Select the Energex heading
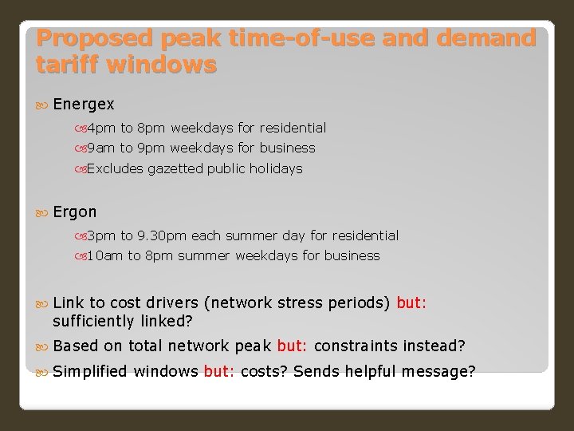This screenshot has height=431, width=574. [x=84, y=105]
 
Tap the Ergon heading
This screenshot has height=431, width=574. [x=75, y=212]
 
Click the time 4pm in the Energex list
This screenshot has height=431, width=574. [x=101, y=128]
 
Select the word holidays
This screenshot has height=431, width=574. [x=276, y=168]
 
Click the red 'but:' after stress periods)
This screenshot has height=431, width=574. [x=411, y=303]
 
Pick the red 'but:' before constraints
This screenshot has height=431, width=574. [x=293, y=346]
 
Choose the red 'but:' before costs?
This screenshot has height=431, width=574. [x=219, y=371]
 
